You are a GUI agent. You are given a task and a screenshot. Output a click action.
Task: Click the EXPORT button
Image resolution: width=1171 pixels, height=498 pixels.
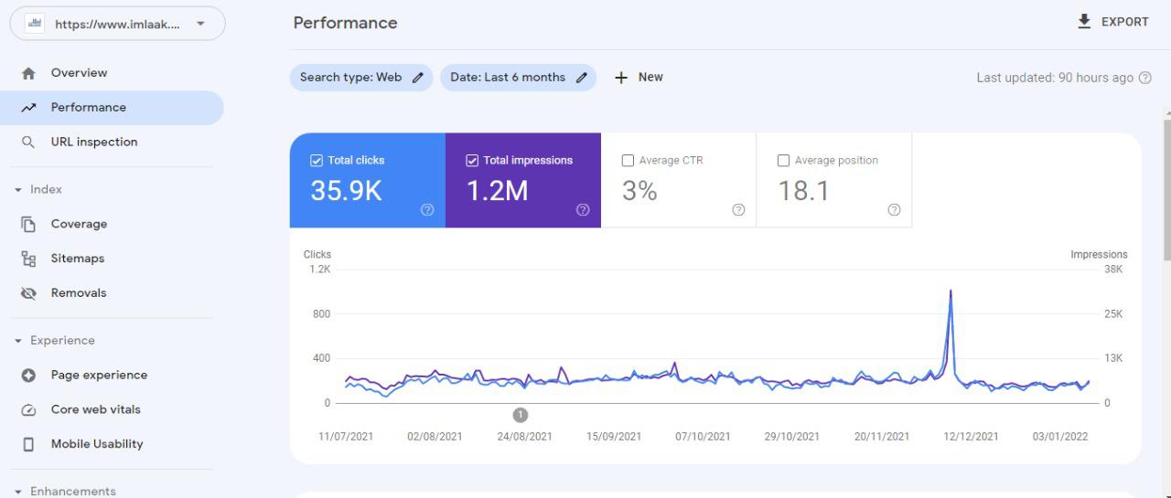(x=1112, y=22)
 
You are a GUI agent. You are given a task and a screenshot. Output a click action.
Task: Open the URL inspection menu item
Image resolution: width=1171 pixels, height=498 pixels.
(x=93, y=142)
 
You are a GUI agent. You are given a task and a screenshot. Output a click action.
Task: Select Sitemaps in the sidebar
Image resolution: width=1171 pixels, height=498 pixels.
(x=77, y=259)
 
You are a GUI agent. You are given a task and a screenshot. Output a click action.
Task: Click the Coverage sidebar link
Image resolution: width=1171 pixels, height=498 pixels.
(x=79, y=224)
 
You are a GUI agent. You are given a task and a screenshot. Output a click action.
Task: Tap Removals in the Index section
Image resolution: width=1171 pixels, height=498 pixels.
(x=78, y=293)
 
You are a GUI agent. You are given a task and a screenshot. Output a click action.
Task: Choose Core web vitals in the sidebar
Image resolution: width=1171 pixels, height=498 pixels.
(x=95, y=409)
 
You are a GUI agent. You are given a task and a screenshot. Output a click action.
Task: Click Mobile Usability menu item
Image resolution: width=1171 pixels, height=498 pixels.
(x=96, y=444)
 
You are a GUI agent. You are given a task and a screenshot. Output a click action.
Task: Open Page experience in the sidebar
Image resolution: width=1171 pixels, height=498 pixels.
(x=98, y=375)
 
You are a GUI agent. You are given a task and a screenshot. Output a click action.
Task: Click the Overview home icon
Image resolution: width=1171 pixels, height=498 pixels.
(x=28, y=73)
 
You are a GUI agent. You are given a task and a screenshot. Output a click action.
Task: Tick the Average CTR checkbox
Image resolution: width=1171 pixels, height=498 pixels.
(x=628, y=161)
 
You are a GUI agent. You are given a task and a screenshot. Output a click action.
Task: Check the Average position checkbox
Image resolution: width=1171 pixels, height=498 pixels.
(x=783, y=161)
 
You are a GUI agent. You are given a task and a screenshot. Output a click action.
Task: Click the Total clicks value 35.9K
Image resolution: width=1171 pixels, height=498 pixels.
(x=346, y=190)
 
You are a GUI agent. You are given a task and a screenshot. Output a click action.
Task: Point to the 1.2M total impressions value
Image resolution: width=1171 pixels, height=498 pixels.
(x=497, y=190)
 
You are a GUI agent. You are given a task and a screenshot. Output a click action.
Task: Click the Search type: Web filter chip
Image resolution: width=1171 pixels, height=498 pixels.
(x=360, y=78)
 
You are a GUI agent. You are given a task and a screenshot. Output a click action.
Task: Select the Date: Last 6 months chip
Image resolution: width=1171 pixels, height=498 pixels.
(x=518, y=78)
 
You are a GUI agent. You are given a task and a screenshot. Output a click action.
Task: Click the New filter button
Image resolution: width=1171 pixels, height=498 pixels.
(x=639, y=78)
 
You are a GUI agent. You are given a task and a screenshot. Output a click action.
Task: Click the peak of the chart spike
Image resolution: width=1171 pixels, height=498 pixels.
(x=951, y=291)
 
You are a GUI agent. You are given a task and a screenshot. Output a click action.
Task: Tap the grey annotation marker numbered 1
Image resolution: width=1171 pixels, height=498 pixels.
(x=521, y=415)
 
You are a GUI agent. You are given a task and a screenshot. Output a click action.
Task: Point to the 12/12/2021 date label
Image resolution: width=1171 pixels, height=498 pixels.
(x=971, y=437)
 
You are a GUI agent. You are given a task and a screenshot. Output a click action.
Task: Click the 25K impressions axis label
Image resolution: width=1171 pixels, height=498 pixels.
(x=1113, y=314)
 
